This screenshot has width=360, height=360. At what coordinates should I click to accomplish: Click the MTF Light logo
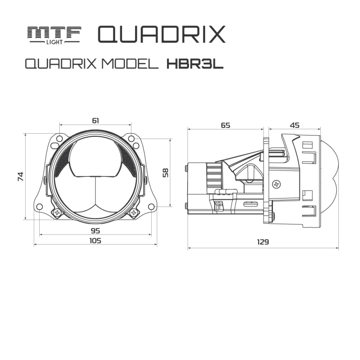[54, 35]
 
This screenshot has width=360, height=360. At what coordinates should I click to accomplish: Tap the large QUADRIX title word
[161, 34]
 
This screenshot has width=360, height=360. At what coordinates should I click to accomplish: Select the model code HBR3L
[195, 64]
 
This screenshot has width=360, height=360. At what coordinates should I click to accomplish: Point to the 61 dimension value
[95, 120]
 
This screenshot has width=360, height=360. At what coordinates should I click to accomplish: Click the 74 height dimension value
[20, 176]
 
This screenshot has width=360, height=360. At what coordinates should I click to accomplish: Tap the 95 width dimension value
[95, 230]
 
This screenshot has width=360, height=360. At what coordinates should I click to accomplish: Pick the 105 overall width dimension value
[95, 241]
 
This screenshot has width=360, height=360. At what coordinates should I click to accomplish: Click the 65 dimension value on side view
[225, 126]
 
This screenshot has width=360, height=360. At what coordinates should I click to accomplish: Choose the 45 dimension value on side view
[295, 126]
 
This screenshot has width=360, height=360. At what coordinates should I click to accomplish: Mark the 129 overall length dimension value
[263, 242]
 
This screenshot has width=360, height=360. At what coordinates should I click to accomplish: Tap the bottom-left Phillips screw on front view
[57, 212]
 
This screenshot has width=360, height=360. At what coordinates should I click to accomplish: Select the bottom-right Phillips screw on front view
[133, 212]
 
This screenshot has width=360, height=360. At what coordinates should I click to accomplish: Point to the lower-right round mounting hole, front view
[152, 207]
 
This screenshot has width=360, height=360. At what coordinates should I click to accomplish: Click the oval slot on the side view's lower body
[250, 204]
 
